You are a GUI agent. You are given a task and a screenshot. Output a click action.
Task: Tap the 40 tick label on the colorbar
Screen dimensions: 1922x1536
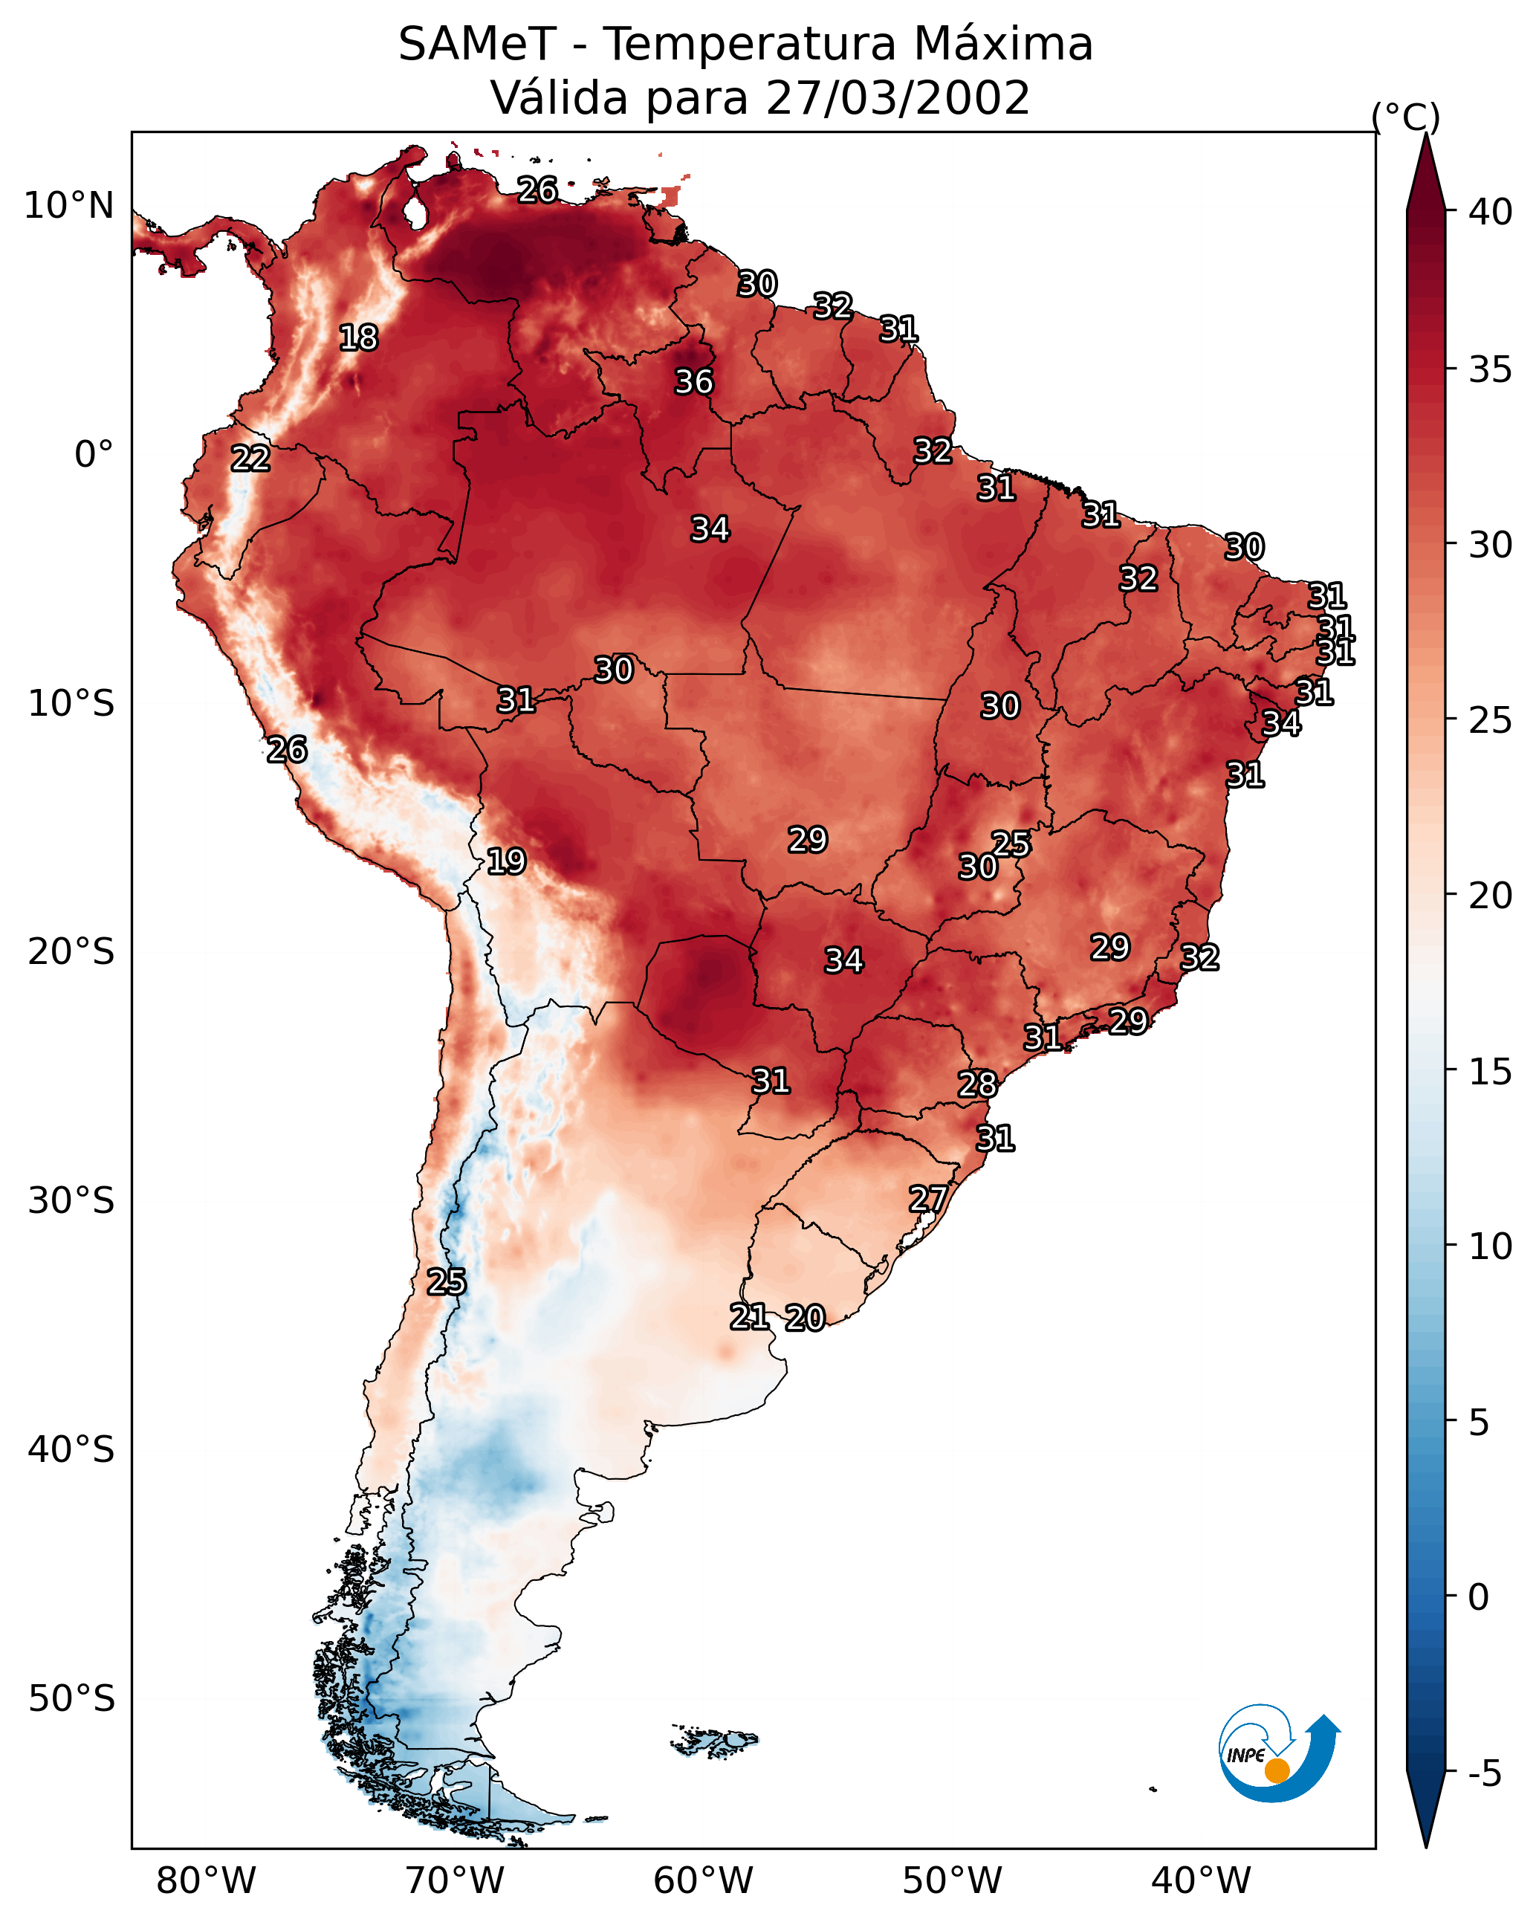(x=1490, y=212)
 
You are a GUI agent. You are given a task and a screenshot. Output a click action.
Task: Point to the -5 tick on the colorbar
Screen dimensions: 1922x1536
(x=1484, y=1773)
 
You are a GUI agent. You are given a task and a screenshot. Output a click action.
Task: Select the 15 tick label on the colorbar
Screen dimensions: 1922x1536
(x=1490, y=1072)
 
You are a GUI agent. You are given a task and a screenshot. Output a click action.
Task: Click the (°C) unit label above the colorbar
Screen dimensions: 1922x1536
(x=1405, y=117)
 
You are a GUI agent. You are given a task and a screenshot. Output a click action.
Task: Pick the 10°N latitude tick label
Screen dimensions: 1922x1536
(x=68, y=206)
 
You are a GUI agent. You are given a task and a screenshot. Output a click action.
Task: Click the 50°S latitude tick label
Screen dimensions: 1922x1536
(x=71, y=1698)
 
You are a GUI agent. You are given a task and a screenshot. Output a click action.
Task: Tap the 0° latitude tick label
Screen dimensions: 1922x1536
(x=94, y=455)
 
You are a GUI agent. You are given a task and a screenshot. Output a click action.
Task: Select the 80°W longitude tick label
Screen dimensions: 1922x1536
(x=206, y=1881)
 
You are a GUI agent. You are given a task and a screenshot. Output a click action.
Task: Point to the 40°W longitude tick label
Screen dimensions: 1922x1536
(x=1201, y=1881)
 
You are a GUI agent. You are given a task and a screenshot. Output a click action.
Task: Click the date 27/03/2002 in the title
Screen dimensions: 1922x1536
(x=897, y=98)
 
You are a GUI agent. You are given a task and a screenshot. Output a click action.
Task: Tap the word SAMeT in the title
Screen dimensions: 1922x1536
(x=477, y=45)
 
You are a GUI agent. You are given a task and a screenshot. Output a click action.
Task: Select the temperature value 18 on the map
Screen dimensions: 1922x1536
(x=358, y=338)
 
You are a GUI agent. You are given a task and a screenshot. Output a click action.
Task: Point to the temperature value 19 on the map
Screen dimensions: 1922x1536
(x=505, y=861)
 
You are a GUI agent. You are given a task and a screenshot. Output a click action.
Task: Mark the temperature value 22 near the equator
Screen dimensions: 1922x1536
(x=250, y=459)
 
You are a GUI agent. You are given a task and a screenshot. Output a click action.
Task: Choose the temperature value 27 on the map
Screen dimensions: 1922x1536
(x=927, y=1198)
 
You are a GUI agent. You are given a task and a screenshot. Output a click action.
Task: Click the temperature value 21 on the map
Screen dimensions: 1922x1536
(x=749, y=1317)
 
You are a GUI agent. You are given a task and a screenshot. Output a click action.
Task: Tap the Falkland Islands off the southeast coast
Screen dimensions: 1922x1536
(x=715, y=1739)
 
